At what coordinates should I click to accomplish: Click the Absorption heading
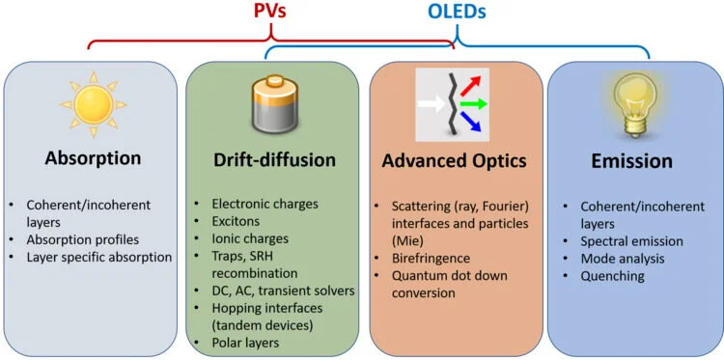point(92,157)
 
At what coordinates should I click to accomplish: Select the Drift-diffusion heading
point(276,158)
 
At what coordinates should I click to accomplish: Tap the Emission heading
point(632,159)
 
